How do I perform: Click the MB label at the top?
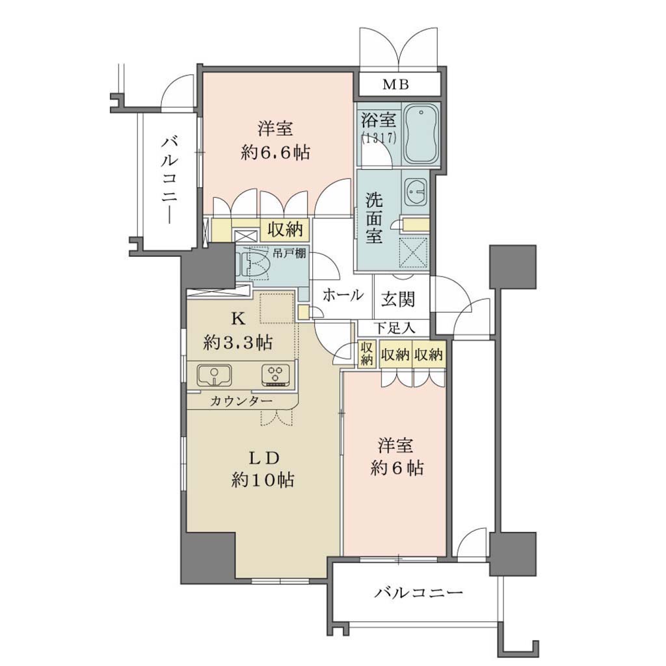click(395, 85)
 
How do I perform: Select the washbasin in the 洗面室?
click(416, 191)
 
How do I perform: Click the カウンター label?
click(241, 401)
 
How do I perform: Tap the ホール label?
click(343, 295)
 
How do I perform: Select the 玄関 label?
click(397, 299)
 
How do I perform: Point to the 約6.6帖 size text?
click(275, 152)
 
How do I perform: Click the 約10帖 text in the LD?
click(263, 480)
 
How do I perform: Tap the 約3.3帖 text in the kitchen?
click(238, 342)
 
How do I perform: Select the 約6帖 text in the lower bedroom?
click(397, 468)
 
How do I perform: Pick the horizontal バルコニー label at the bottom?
click(418, 592)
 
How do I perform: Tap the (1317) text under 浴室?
click(379, 138)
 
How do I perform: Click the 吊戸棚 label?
click(289, 254)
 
